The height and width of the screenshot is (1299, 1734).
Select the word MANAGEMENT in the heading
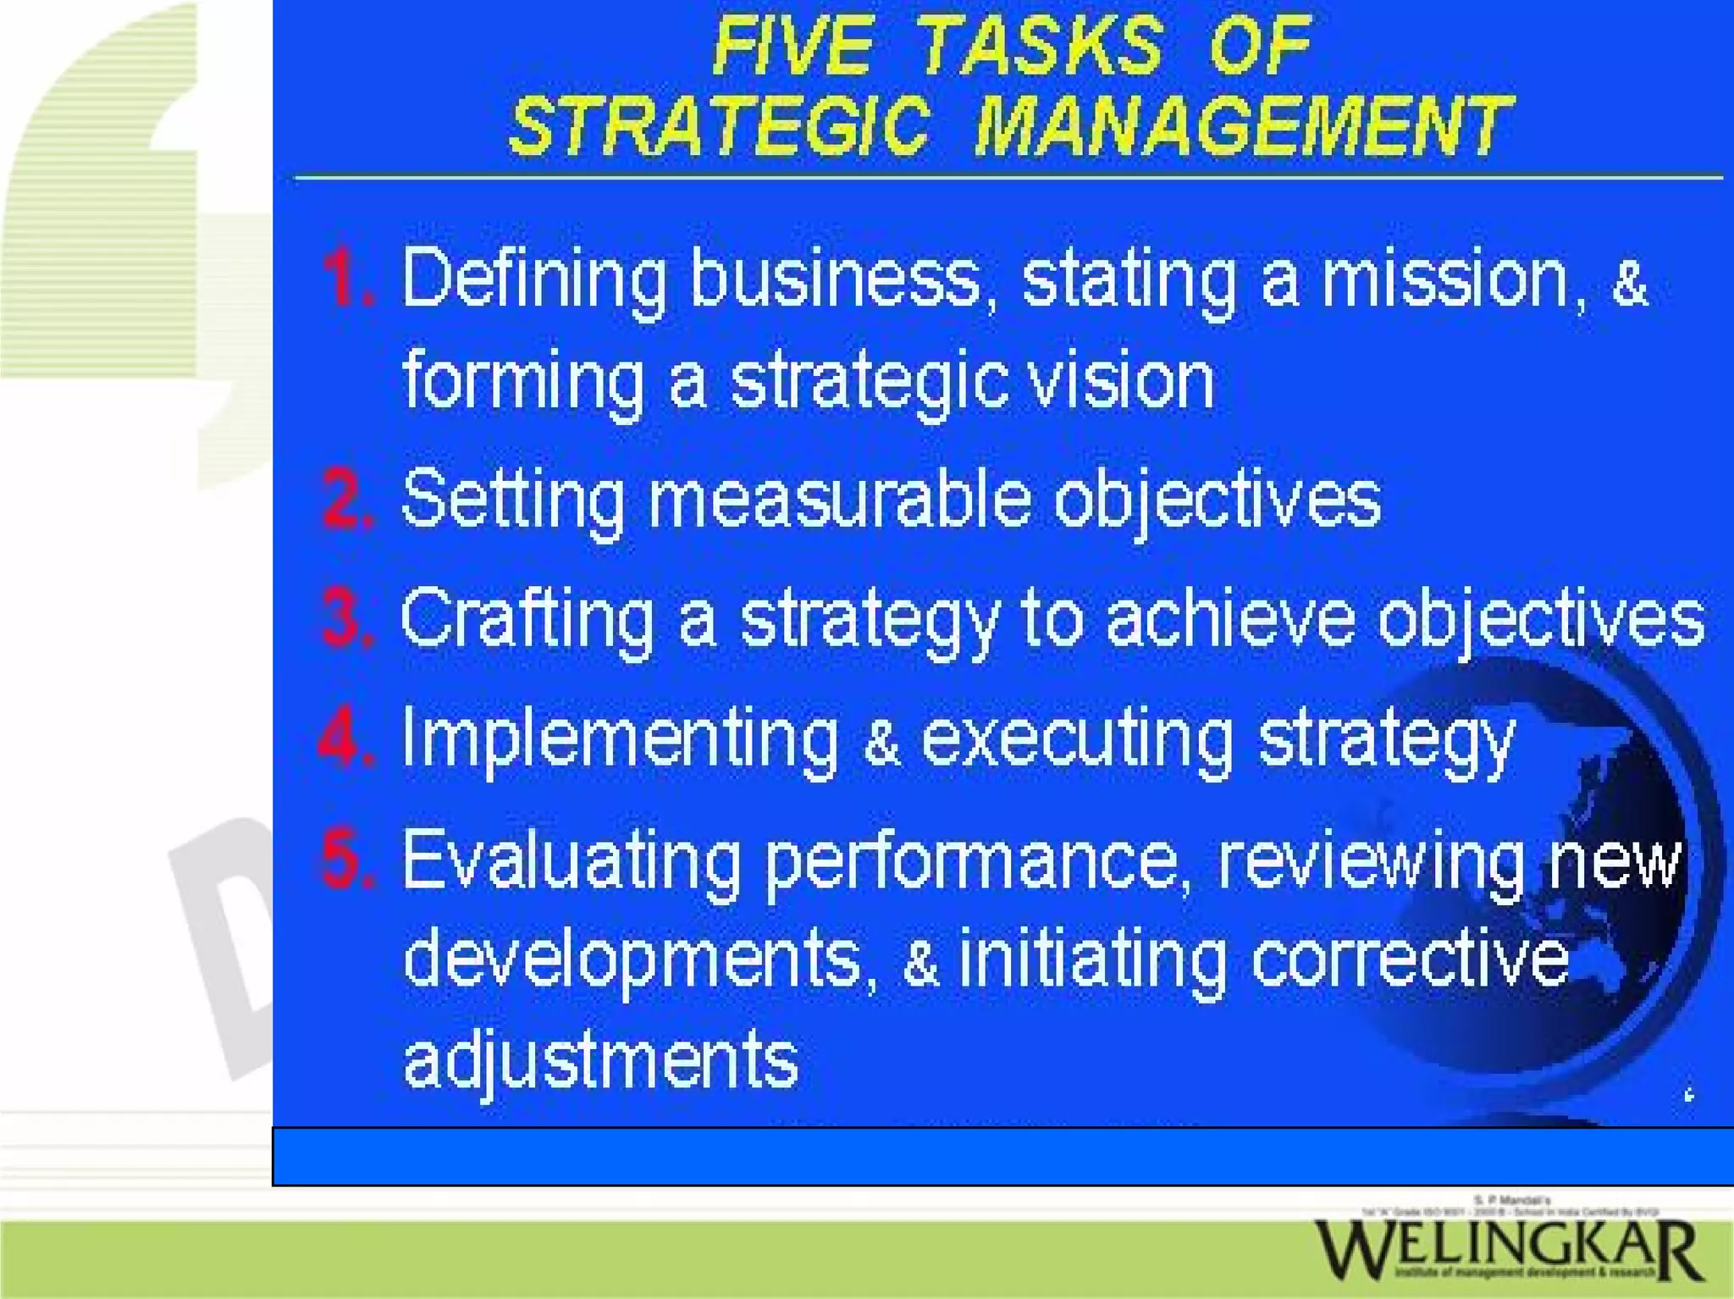coord(1243,127)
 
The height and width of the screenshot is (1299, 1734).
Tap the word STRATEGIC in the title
coord(720,127)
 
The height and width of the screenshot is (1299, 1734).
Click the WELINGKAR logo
coord(1507,1248)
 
